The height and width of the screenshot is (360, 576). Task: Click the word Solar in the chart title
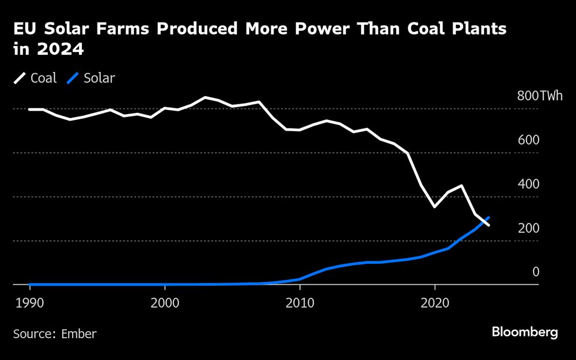pos(59,29)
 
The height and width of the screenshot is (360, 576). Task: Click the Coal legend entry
pos(43,78)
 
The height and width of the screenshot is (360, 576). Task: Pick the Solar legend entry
pos(99,78)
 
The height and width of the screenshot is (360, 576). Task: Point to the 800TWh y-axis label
pos(540,96)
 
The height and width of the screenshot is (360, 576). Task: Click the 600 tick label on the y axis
pos(528,141)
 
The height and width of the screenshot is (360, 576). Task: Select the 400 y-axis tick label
pos(528,184)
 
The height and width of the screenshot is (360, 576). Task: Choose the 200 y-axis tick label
pos(528,228)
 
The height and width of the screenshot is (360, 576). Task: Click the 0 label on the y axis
pos(535,272)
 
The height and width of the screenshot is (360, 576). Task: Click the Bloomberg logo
pos(525,332)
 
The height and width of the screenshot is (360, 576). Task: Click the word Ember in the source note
pos(79,334)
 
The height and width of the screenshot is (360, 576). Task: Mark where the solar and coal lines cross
pos(483,222)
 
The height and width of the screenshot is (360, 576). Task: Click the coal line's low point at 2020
pos(434,207)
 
